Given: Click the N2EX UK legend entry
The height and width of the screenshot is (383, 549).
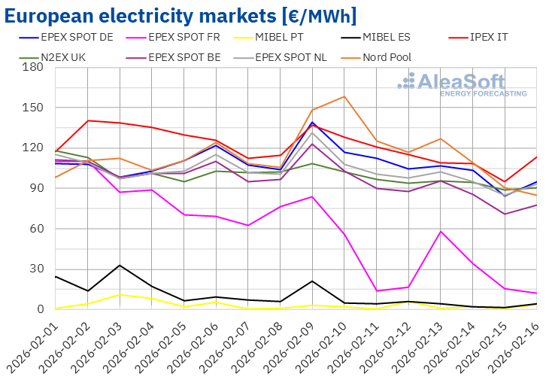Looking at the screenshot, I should (57, 57).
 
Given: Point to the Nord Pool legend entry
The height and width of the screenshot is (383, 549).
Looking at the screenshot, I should (387, 57).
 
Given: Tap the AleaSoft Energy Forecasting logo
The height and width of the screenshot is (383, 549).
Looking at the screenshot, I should (462, 84).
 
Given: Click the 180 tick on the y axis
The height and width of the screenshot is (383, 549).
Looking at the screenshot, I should (34, 67).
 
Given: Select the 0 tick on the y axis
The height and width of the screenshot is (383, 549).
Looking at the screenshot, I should (40, 309).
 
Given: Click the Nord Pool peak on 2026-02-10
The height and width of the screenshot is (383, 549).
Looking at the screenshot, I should (344, 96).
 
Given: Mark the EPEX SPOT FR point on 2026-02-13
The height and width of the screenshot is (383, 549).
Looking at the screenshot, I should (441, 231).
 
